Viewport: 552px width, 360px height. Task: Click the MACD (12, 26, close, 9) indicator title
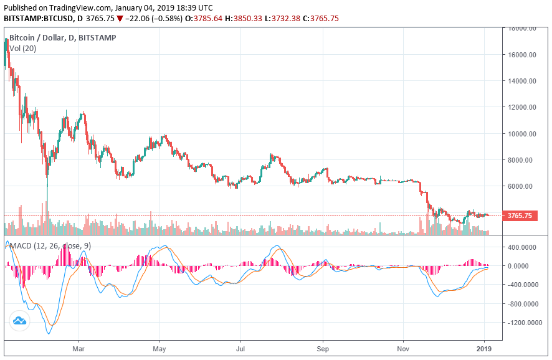(x=50, y=246)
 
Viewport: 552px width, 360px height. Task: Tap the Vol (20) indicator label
(x=23, y=49)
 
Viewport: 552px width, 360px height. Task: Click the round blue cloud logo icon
(x=19, y=321)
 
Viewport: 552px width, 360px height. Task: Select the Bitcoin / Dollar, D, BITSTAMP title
(x=62, y=38)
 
